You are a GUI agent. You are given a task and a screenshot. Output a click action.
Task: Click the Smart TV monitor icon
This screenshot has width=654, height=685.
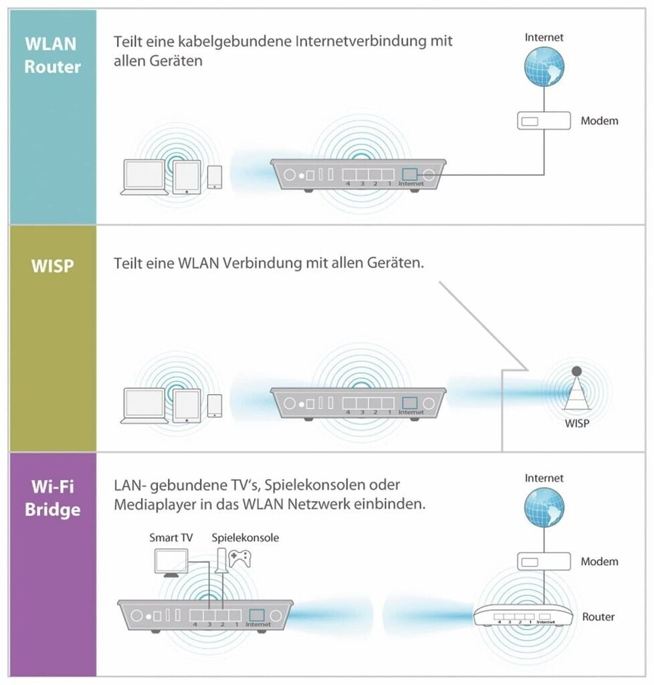tap(172, 563)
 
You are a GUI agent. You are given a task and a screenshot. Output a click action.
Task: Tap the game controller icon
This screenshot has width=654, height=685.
tap(239, 559)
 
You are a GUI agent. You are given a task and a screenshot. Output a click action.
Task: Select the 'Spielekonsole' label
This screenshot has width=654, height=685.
tap(245, 537)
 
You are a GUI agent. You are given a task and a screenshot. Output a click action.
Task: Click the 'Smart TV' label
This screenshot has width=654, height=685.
tap(171, 537)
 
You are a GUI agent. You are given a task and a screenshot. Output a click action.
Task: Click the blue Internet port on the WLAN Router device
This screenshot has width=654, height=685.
tap(409, 173)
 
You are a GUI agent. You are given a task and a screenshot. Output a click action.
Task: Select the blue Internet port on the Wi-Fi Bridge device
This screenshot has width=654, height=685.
tap(257, 615)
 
